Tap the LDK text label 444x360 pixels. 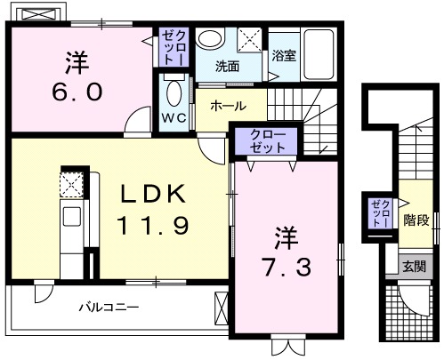[150, 193]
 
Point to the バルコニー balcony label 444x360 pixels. [108, 308]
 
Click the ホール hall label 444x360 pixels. [228, 106]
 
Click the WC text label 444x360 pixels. [174, 118]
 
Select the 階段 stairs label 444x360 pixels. [415, 218]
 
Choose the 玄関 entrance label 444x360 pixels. [414, 265]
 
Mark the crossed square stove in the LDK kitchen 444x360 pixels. [70, 184]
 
